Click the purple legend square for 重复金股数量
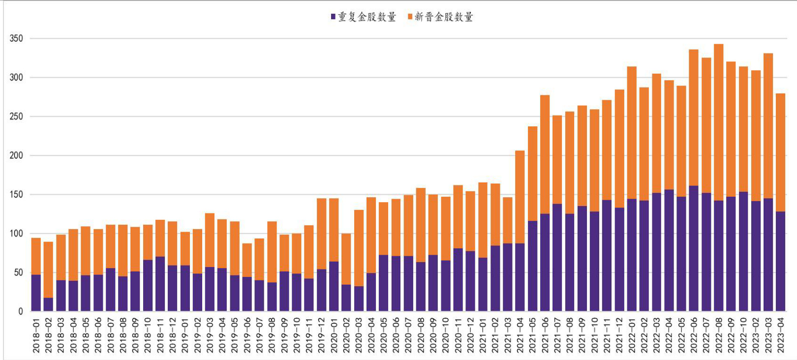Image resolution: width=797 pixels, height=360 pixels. click(333, 17)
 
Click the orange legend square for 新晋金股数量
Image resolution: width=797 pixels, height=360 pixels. click(410, 17)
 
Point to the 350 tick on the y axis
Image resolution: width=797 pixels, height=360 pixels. click(16, 38)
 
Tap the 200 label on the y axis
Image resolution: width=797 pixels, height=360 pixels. click(16, 155)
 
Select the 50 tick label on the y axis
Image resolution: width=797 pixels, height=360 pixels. click(18, 272)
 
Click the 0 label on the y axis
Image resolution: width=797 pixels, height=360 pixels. click(21, 311)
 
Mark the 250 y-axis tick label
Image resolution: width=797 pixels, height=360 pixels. click(16, 117)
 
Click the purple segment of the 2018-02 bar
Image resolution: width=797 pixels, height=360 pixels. click(49, 304)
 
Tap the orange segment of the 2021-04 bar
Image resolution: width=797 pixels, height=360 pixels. click(520, 197)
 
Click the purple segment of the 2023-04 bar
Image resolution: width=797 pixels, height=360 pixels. click(781, 261)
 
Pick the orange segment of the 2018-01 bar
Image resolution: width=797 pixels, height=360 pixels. click(36, 256)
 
